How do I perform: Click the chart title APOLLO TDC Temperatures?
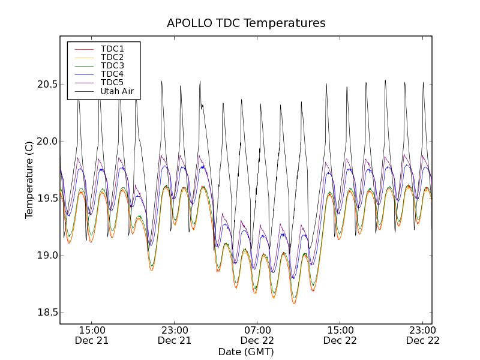point(246,23)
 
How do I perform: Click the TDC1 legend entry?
point(112,49)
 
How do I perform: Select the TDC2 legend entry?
point(112,57)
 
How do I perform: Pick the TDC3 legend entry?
point(112,65)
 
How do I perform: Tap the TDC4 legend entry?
point(112,74)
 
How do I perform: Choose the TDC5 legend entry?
point(112,82)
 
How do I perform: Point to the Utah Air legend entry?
point(117,91)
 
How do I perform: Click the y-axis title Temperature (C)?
point(29,180)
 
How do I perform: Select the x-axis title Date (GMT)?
point(246,352)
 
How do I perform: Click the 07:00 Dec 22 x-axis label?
point(257,335)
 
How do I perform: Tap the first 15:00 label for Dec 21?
point(92,335)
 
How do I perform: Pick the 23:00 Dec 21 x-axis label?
point(175,335)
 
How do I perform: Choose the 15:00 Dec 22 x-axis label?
point(340,335)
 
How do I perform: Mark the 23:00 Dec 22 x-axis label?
point(423,335)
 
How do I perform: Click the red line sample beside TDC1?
point(83,49)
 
